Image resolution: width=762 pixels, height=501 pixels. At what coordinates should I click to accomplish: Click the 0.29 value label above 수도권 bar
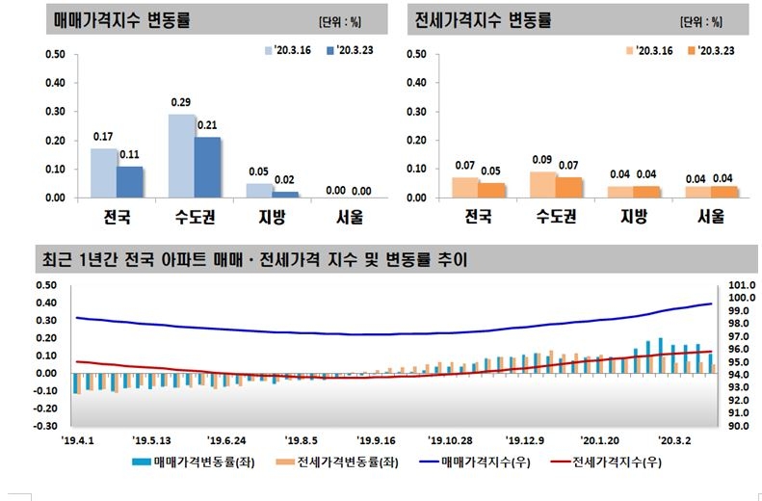tap(181, 102)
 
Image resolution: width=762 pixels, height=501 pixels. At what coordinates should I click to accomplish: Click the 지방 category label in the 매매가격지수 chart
tap(258, 218)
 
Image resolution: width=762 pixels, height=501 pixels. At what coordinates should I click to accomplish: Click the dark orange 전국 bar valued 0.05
tap(491, 190)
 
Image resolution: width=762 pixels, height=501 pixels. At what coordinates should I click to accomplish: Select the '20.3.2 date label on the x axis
tap(673, 436)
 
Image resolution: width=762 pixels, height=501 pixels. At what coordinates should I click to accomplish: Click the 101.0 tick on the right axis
tap(738, 285)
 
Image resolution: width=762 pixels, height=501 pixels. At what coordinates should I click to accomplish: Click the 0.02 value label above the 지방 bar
tap(284, 179)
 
